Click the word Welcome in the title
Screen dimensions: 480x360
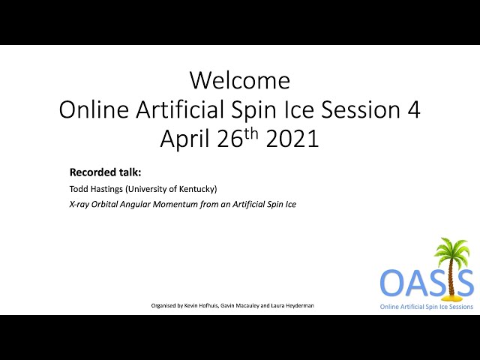click(240, 80)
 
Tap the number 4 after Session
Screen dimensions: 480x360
click(414, 110)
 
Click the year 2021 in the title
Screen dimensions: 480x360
click(292, 139)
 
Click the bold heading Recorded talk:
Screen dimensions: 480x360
click(105, 172)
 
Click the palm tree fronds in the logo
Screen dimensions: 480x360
click(451, 248)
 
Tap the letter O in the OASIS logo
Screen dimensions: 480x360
click(392, 282)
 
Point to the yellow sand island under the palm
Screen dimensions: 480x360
click(451, 297)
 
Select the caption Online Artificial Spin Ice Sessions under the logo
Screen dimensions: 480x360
click(427, 307)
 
